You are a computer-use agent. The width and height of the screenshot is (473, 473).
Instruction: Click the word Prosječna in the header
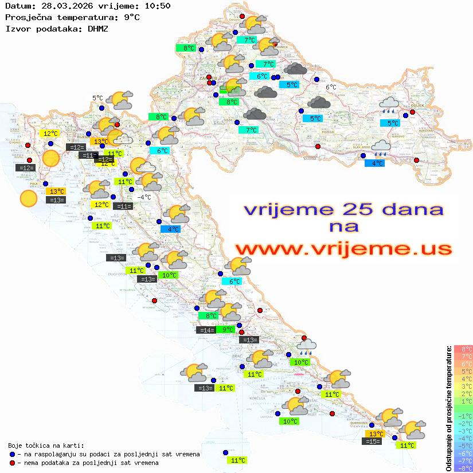(27, 17)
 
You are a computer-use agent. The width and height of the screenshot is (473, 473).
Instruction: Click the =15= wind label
(373, 441)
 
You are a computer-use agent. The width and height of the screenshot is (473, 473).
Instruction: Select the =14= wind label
(206, 330)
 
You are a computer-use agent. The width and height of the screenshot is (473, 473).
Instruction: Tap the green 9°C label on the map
(228, 329)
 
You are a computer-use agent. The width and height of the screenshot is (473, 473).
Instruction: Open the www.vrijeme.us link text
(343, 249)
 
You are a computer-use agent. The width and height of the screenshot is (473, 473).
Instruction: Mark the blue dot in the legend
(13, 454)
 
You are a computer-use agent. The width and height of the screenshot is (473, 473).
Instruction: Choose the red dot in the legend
(13, 463)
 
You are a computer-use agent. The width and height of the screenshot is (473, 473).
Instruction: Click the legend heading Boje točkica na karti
(46, 445)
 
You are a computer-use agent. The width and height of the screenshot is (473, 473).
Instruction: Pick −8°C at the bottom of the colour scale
(463, 468)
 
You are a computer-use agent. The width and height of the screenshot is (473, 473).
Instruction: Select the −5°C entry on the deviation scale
(463, 445)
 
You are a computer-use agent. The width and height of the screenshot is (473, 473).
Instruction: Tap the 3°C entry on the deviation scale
(463, 386)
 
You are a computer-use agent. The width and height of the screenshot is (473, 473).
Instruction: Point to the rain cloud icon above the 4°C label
(381, 147)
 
